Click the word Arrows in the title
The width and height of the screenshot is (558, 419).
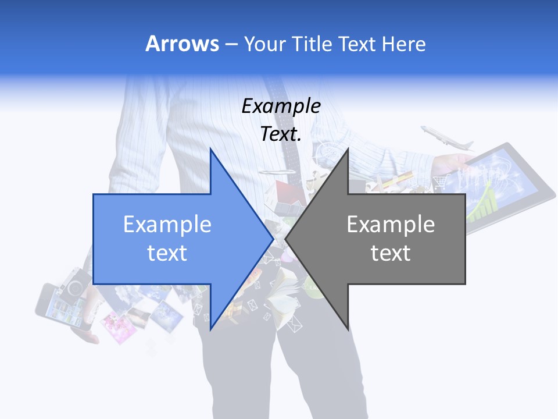181,44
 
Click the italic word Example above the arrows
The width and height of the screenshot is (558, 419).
281,106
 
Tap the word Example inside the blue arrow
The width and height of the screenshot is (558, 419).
167,225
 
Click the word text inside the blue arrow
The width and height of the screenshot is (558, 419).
167,253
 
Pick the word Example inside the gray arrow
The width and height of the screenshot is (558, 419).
391,225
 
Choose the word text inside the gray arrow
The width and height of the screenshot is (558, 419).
391,253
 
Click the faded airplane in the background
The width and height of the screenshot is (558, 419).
446,139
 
